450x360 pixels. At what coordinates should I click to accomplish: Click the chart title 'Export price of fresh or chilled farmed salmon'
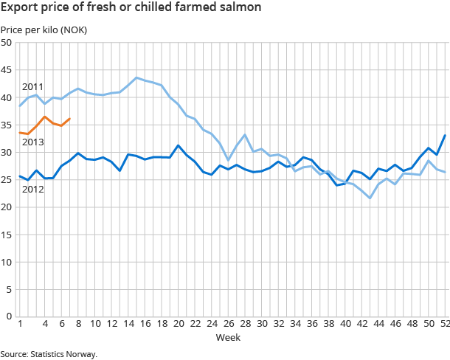coord(131,9)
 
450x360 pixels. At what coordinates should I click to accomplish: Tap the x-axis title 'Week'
coord(226,337)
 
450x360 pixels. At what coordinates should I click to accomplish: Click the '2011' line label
coord(32,87)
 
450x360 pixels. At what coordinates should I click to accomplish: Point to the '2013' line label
coord(32,142)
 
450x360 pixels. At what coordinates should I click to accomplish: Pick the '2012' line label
coord(32,190)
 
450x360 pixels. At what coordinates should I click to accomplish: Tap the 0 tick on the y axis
coord(8,316)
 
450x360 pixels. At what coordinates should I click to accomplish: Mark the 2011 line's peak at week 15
coord(136,77)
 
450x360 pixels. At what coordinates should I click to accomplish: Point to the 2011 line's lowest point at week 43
coord(370,198)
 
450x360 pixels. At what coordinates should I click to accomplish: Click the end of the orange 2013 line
coord(69,119)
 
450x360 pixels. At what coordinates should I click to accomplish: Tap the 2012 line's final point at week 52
coord(445,135)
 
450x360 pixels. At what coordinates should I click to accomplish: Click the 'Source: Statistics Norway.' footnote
coord(49,353)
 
